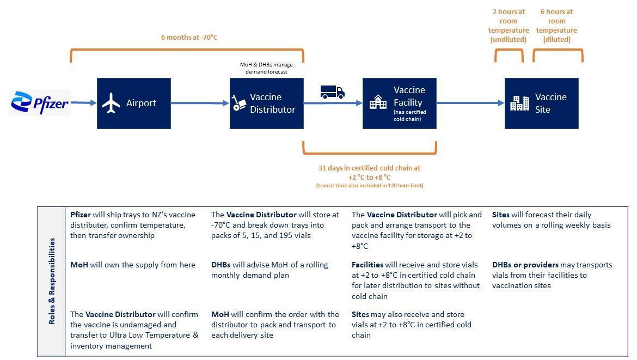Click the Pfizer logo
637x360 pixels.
coord(40,102)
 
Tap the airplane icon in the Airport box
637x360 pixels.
coord(111,103)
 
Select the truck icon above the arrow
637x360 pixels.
coord(332,92)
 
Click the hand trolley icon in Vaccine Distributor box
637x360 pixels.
coord(238,103)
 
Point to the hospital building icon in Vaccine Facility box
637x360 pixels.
coord(378,102)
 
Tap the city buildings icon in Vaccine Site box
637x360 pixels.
coord(519,103)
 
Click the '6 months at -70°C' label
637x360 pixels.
coord(189,38)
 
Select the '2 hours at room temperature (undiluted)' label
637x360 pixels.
coord(509,26)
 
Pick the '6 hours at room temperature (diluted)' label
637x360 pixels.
coord(556,26)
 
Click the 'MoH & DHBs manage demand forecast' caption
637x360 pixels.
coord(266,68)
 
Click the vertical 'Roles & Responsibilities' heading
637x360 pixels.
coord(52,281)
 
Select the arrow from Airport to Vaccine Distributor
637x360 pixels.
coord(200,103)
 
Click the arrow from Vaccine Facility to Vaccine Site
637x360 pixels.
coord(470,102)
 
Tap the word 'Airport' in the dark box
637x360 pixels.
coord(141,103)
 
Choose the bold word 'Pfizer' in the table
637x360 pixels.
coord(81,215)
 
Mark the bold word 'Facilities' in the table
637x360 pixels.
coord(367,265)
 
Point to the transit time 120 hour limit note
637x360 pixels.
coord(369,186)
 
